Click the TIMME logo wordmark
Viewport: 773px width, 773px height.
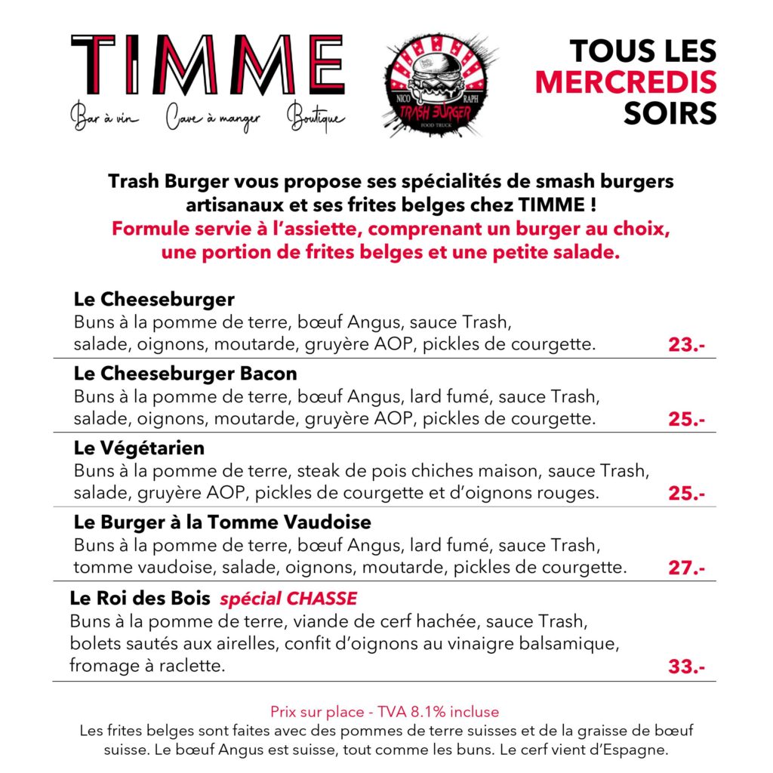coord(208,66)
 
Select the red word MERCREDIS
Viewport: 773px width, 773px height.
coord(626,82)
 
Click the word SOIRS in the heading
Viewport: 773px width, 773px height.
coord(670,112)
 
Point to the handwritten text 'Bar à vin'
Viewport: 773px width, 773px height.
coord(104,119)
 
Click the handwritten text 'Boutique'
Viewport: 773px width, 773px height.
coord(316,119)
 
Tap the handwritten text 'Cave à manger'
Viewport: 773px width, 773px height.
coord(212,119)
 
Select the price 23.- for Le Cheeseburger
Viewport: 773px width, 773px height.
coord(686,346)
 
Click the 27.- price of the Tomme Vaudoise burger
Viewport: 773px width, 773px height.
coord(686,568)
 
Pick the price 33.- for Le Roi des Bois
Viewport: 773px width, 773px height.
coord(686,667)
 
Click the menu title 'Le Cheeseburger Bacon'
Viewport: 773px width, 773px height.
coord(186,374)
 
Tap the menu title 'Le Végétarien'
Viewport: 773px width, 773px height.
coord(140,448)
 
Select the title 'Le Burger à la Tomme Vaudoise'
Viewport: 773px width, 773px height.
coord(223,522)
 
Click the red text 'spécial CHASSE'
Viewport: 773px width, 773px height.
coord(288,599)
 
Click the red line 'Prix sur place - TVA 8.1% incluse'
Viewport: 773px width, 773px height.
coord(385,712)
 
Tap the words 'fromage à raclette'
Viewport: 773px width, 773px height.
coord(147,666)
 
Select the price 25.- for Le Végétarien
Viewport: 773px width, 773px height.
coord(686,494)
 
